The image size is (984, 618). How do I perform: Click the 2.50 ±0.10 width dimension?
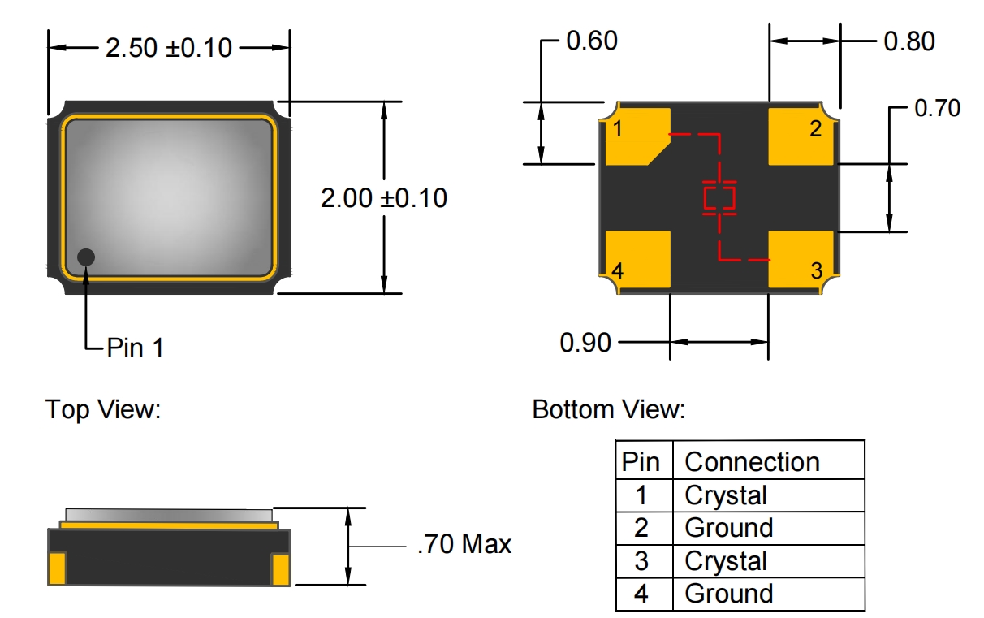pyautogui.click(x=169, y=47)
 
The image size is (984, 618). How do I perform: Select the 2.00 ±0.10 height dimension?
pyautogui.click(x=384, y=198)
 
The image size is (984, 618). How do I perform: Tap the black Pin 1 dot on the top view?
pyautogui.click(x=86, y=257)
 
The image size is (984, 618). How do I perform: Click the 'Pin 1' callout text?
pyautogui.click(x=136, y=348)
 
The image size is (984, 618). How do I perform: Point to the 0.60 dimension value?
pyautogui.click(x=592, y=41)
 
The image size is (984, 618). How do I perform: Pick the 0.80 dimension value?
pyautogui.click(x=909, y=41)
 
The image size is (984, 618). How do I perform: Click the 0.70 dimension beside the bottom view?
pyautogui.click(x=938, y=108)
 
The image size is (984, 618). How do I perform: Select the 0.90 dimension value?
pyautogui.click(x=585, y=343)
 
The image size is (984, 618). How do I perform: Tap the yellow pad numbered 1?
pyautogui.click(x=637, y=136)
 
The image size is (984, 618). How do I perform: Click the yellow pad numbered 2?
pyautogui.click(x=801, y=136)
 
